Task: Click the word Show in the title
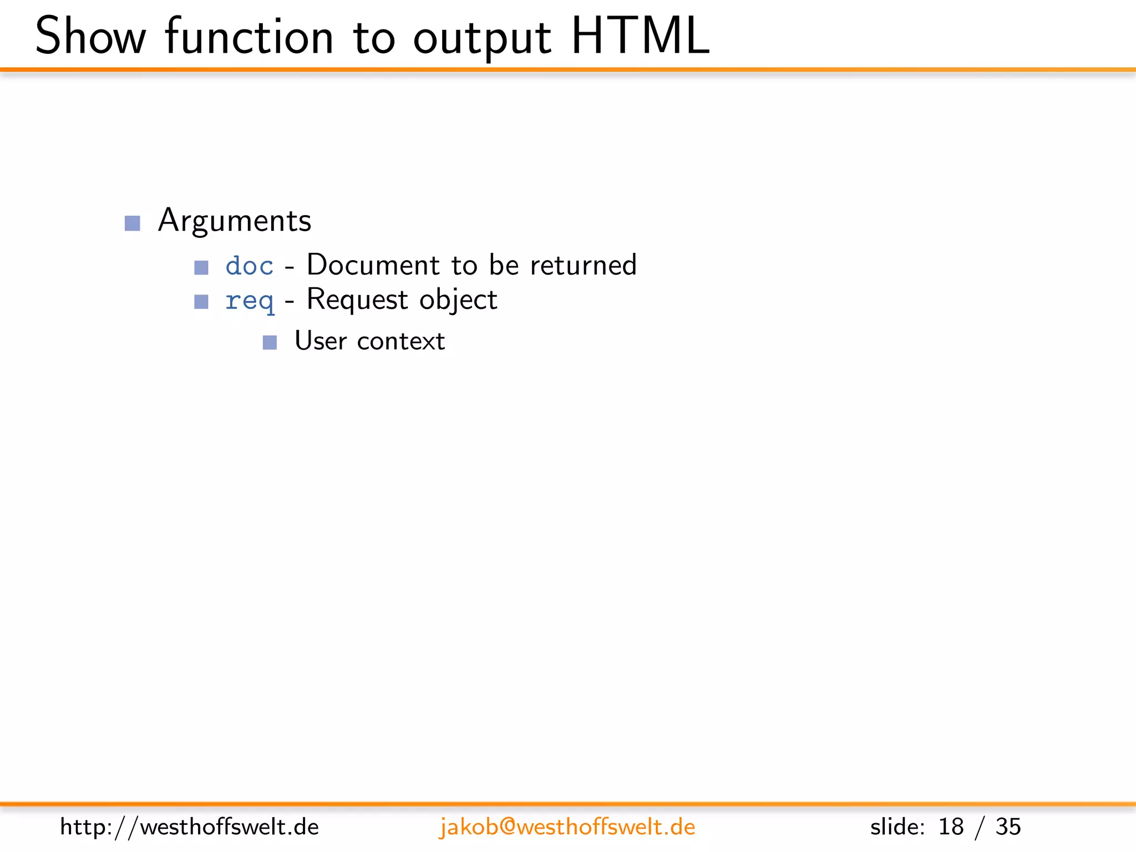click(x=90, y=37)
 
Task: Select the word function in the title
click(x=249, y=37)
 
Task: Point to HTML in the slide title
click(x=640, y=37)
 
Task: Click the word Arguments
click(x=235, y=221)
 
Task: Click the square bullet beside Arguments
click(x=133, y=223)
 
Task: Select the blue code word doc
click(x=250, y=266)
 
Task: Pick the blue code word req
click(x=250, y=301)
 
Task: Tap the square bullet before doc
click(x=201, y=268)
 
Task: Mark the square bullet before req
click(x=201, y=302)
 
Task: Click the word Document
click(x=373, y=265)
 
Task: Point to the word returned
click(x=583, y=265)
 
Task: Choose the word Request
click(x=357, y=300)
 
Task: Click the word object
click(x=458, y=300)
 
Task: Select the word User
click(x=321, y=341)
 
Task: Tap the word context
click(x=401, y=341)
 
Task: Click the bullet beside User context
click(x=270, y=343)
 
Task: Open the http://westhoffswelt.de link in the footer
click(x=189, y=827)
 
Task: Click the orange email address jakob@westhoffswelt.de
click(x=567, y=827)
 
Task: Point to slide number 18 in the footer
click(x=951, y=827)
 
